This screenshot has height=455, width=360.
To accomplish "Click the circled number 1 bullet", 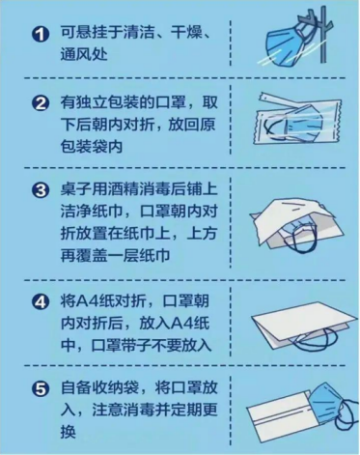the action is point(41,34).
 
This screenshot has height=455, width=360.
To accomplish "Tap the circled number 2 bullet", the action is point(41,103).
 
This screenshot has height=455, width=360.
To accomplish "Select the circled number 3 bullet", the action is point(41,190).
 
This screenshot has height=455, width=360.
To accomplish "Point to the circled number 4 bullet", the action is point(41,302).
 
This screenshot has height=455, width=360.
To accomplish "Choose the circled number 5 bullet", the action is point(41,389).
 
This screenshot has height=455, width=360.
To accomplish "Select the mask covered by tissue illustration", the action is point(296,224).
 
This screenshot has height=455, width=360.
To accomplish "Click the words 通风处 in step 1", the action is point(84,55).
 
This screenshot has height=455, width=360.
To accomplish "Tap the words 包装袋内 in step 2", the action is point(92,147).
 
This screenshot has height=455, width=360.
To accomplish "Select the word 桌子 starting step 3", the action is point(76,189).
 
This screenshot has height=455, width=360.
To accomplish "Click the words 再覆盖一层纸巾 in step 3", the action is point(116,255).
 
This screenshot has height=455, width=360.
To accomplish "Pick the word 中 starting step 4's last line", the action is point(69,345).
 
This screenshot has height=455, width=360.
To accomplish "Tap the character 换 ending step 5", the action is point(69,432).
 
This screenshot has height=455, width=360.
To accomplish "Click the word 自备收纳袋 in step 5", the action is point(99,388).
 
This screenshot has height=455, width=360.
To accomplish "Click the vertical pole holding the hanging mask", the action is point(323,35).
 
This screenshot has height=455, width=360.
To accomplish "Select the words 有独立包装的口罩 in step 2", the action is point(124,102).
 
